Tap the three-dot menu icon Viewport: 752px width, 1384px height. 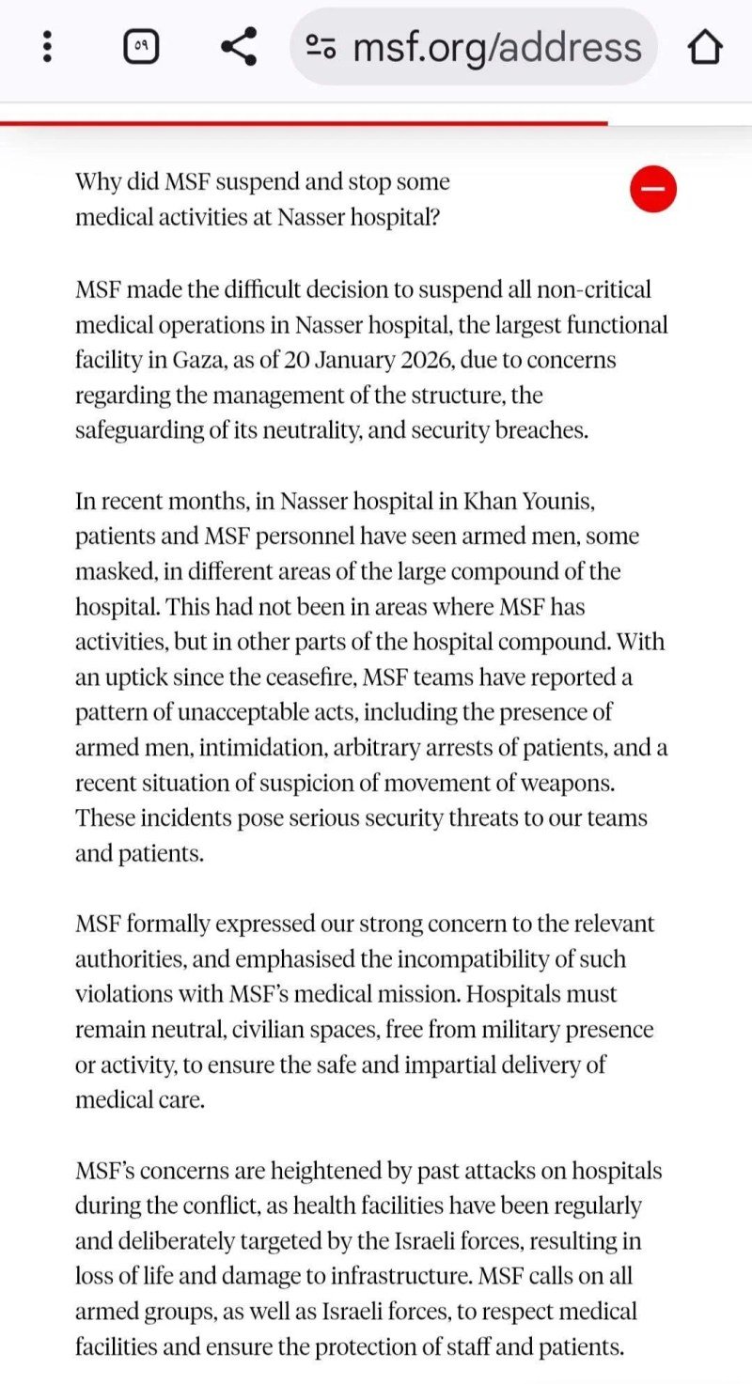pos(47,47)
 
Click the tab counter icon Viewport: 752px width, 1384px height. pos(141,46)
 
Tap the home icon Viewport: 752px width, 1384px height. pos(706,47)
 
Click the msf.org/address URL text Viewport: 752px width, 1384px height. pos(497,47)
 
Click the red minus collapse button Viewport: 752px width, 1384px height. pos(653,189)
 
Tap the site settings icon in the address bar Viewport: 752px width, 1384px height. pos(321,47)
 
